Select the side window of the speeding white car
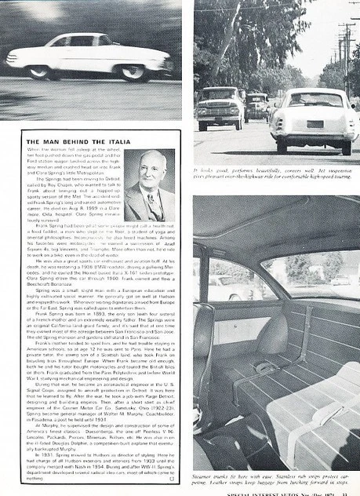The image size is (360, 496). pos(81,41)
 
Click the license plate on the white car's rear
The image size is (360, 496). pos(315,124)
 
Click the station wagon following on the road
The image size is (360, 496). pos(220,106)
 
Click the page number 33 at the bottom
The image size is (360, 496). pos(351,491)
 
